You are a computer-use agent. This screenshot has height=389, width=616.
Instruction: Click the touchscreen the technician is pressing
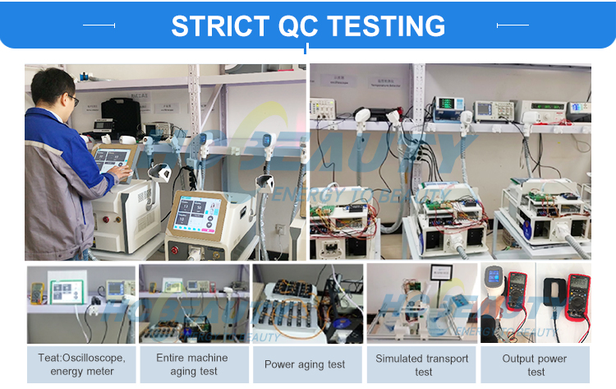point(113,160)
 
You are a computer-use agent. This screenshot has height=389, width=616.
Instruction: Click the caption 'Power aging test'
point(305,364)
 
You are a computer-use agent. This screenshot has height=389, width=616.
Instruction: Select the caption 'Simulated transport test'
point(422,364)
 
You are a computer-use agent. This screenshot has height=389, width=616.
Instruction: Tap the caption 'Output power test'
point(535,364)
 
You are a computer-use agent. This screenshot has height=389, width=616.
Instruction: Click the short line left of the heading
point(99,25)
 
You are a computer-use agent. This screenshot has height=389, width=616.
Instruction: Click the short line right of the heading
point(513,25)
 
